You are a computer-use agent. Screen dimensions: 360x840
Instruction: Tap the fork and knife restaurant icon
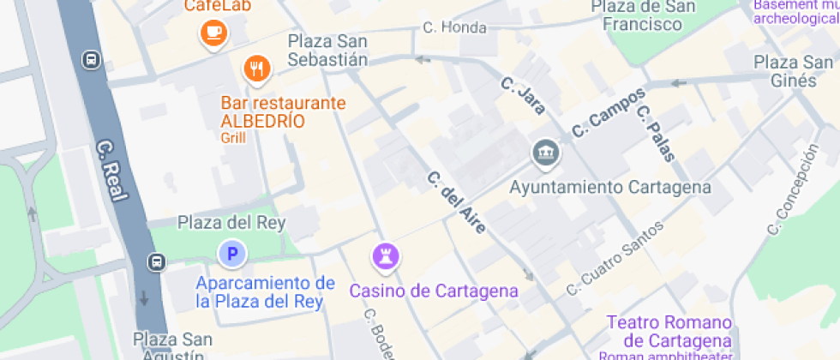click(256, 69)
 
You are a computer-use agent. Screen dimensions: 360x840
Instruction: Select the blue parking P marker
click(231, 255)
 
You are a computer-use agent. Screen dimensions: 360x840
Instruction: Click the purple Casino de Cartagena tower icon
click(384, 255)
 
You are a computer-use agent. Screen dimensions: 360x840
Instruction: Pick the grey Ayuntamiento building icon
click(545, 154)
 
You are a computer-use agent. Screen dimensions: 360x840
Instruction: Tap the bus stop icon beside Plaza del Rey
click(157, 261)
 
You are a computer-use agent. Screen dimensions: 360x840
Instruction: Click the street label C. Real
click(112, 171)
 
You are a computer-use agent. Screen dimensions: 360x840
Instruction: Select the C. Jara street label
click(523, 95)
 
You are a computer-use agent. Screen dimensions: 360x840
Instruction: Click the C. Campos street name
click(608, 113)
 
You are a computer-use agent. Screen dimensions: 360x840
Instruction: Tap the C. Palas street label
click(657, 133)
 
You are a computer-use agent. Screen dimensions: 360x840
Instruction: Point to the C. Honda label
click(454, 27)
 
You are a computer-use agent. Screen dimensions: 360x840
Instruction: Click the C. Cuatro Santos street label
click(615, 258)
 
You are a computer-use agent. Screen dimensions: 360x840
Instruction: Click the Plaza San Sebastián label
click(327, 50)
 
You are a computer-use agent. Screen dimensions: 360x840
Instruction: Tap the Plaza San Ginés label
click(793, 71)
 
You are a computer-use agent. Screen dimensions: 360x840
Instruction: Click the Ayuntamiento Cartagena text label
click(610, 187)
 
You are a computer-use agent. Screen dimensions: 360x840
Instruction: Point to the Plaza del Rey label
click(231, 223)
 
